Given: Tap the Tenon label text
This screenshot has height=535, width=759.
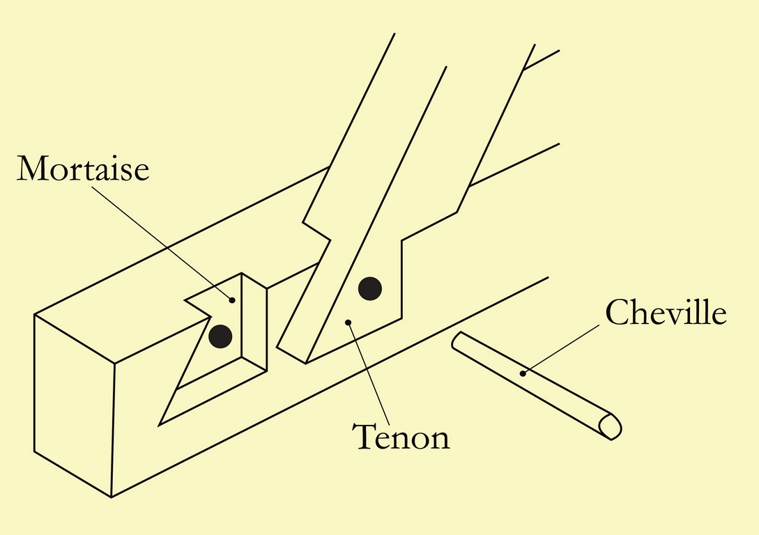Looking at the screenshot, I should point(401,437).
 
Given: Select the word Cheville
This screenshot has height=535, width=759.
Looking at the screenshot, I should point(666,313).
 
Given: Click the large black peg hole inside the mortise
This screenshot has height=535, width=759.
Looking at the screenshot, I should point(220,336).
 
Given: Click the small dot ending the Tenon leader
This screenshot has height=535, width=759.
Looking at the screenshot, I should point(347,323).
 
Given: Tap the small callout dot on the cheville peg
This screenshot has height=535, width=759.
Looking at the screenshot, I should point(523,374).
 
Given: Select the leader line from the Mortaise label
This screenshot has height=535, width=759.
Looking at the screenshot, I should point(164,237).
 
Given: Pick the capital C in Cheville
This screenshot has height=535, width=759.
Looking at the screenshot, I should point(616,313).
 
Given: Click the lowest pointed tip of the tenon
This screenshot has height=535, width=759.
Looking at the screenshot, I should point(305,363).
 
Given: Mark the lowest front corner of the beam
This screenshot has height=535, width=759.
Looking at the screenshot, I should point(112,497).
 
